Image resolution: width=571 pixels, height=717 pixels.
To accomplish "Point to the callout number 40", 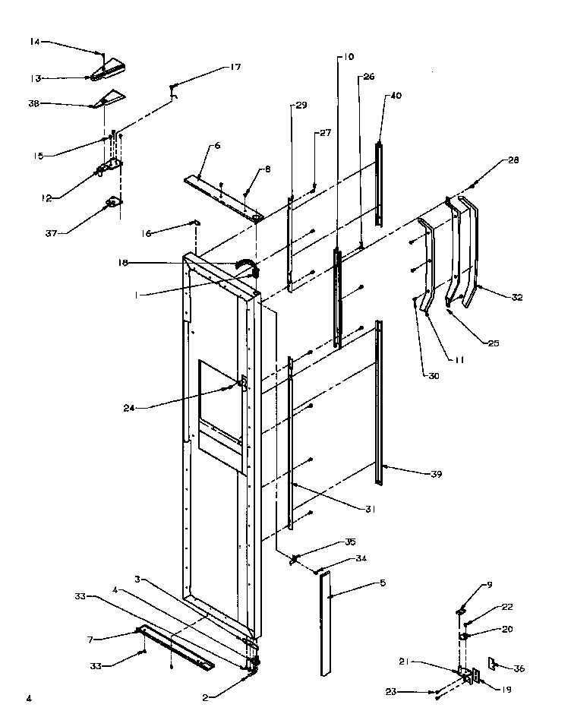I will pos(396,96).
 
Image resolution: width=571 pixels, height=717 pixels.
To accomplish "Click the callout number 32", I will pos(517,298).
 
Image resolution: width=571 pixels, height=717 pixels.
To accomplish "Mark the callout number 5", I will pos(383,583).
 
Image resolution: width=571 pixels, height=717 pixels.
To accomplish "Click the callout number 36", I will pos(519,668).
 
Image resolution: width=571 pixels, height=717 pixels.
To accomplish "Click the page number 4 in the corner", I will pos(29,696).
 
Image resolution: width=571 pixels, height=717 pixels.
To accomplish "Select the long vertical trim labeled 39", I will pos(379,403).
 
